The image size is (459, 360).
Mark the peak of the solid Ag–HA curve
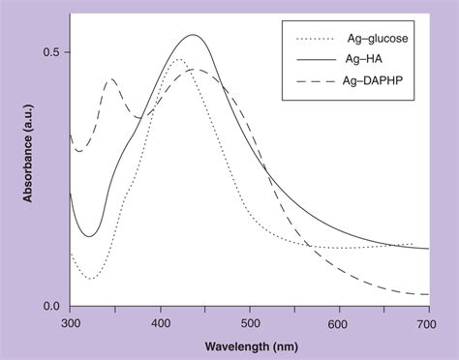194,36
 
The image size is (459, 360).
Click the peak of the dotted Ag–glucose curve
179,60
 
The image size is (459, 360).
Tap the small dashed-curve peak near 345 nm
111,79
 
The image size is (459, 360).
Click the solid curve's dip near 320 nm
89,235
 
